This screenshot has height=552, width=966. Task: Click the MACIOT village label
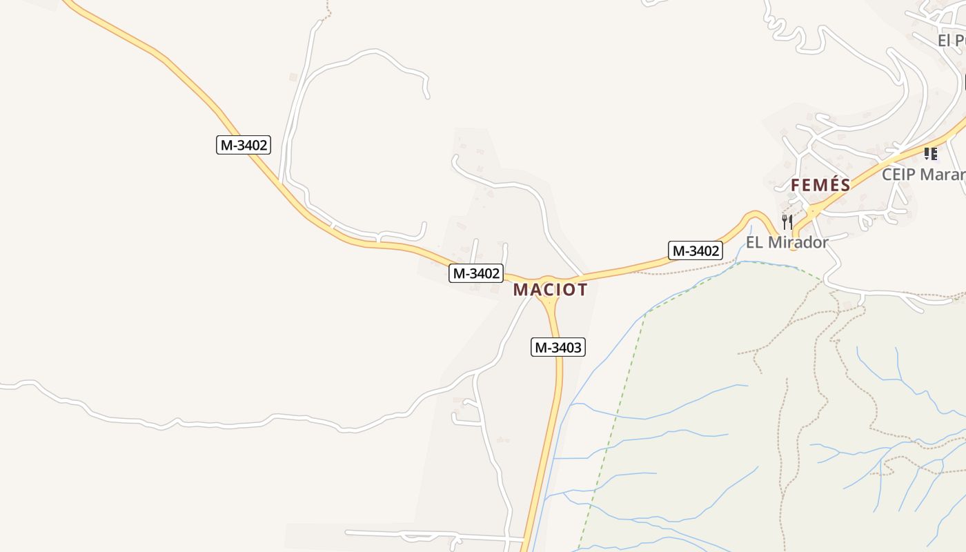click(550, 290)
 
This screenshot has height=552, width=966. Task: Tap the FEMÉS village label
click(820, 185)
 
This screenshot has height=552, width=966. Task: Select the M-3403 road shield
click(558, 347)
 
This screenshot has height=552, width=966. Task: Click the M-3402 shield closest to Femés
click(696, 250)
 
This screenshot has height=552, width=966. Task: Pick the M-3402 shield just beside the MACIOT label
click(475, 273)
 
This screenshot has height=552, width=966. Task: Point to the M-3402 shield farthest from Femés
click(243, 145)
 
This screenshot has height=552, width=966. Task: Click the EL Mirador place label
click(787, 243)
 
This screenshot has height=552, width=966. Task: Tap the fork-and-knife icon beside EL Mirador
click(787, 221)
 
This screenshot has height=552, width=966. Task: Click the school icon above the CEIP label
click(930, 154)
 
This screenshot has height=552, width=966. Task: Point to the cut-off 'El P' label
click(951, 41)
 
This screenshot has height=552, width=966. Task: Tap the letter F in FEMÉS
click(796, 185)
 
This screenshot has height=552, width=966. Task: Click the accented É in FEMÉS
click(832, 185)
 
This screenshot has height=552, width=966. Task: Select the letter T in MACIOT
click(581, 290)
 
